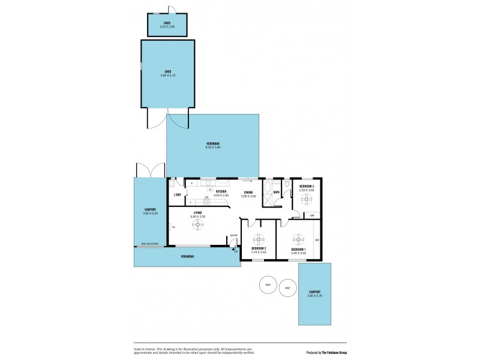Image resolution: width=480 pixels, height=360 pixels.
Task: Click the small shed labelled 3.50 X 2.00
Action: coord(168,25)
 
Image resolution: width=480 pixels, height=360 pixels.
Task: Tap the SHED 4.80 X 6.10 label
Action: coord(168,73)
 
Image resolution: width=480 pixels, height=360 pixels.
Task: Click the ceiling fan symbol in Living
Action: coord(197,224)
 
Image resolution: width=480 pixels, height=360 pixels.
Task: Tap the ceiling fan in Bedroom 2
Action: coord(259,238)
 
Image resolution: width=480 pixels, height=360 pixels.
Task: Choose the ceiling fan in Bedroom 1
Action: coord(298,239)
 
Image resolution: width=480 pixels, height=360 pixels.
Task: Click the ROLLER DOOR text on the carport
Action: coord(149,244)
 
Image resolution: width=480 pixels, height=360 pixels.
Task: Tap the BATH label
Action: coord(276,193)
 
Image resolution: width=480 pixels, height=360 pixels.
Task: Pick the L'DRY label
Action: coord(177,195)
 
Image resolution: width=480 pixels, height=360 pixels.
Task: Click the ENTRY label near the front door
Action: coord(233,235)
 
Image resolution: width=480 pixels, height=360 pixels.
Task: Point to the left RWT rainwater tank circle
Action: coord(267,285)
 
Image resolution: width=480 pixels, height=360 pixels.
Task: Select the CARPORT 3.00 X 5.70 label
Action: coord(314,294)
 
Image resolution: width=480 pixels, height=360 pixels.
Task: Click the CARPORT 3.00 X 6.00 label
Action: coord(150,211)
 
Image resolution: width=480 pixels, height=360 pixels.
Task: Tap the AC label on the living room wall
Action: coord(173,227)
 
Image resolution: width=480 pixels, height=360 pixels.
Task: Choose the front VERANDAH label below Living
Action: coord(187,257)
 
